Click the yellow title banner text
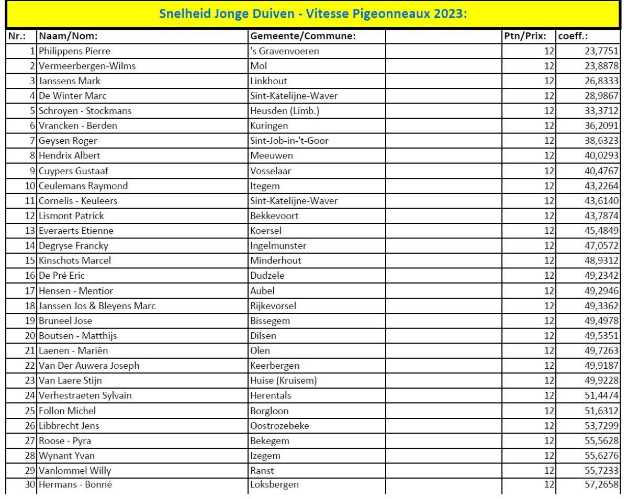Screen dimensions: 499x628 pyautogui.click(x=313, y=14)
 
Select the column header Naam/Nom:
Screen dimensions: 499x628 pyautogui.click(x=69, y=37)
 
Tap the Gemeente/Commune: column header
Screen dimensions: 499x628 pyautogui.click(x=303, y=37)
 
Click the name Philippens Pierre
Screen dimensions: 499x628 pyautogui.click(x=74, y=51)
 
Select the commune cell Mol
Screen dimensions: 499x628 pyautogui.click(x=259, y=66)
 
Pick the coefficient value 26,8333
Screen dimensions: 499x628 pyautogui.click(x=602, y=81)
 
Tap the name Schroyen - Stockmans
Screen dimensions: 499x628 pyautogui.click(x=85, y=111)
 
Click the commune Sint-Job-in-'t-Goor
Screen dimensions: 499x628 pyautogui.click(x=289, y=141)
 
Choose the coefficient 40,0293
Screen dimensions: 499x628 pyautogui.click(x=602, y=156)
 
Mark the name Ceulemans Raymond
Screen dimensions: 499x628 pyautogui.click(x=83, y=186)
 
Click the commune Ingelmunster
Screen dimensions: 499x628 pyautogui.click(x=278, y=246)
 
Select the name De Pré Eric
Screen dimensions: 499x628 pyautogui.click(x=62, y=276)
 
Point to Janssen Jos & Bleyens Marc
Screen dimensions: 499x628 pyautogui.click(x=97, y=305)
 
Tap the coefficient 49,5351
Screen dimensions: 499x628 pyautogui.click(x=602, y=335)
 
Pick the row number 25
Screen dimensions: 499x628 pyautogui.click(x=29, y=411)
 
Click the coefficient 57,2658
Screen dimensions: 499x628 pyautogui.click(x=602, y=485)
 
